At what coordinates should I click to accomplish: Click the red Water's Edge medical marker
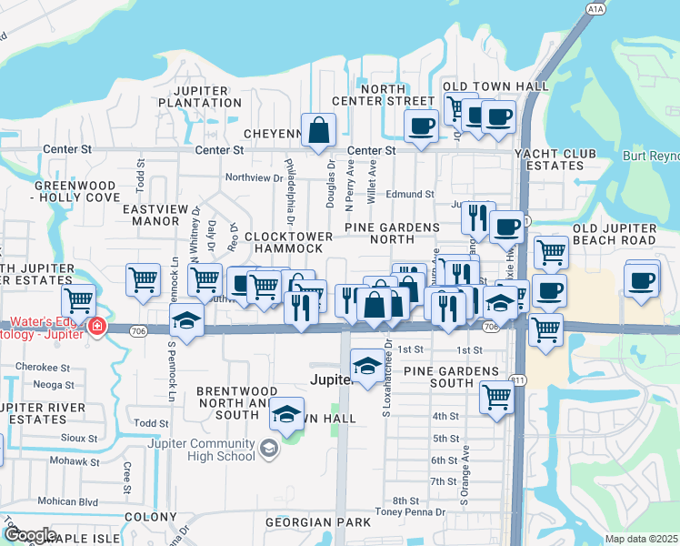(96, 327)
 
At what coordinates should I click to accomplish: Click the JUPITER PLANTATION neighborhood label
(199, 96)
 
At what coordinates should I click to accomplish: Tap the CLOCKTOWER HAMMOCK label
(288, 242)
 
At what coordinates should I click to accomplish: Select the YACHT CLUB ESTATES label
(561, 159)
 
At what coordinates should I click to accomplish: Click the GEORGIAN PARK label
(318, 522)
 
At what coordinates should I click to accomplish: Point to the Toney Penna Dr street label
(415, 512)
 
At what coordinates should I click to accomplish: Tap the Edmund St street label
(409, 194)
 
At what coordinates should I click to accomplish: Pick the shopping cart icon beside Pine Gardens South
(496, 397)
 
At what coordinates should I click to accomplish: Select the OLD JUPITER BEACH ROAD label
(614, 233)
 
